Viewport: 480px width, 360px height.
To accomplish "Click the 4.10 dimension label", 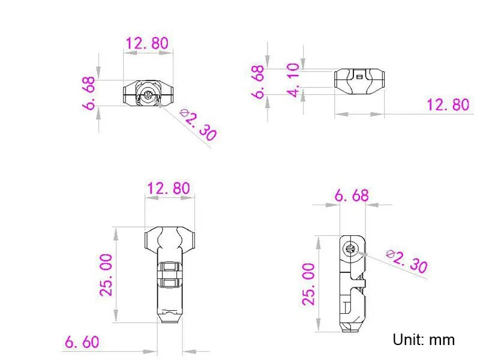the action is pyautogui.click(x=293, y=80).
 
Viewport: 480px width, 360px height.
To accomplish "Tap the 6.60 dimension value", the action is pyautogui.click(x=82, y=342).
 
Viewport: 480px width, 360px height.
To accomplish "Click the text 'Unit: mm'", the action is pyautogui.click(x=424, y=340).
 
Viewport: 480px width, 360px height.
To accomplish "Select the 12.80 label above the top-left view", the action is pyautogui.click(x=147, y=43).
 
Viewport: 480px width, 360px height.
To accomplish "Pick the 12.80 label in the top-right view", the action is pyautogui.click(x=448, y=104).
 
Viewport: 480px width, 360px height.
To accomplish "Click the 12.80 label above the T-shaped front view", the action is pyautogui.click(x=169, y=188).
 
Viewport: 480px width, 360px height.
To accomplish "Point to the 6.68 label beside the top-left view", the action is pyautogui.click(x=89, y=93).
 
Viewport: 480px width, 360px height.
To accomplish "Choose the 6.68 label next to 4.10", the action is pyautogui.click(x=258, y=82).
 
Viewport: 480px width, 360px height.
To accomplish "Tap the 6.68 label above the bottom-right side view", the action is pyautogui.click(x=352, y=196).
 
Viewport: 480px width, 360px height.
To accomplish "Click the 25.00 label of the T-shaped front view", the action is pyautogui.click(x=106, y=275).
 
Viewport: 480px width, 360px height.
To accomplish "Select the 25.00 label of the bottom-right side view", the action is pyautogui.click(x=308, y=284).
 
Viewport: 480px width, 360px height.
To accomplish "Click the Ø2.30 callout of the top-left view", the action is pyautogui.click(x=198, y=125).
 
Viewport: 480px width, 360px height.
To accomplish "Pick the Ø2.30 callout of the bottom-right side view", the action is pyautogui.click(x=407, y=261).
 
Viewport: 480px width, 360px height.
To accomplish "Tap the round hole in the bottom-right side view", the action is pyautogui.click(x=350, y=248).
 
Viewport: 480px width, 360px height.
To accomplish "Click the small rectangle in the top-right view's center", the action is pyautogui.click(x=359, y=77).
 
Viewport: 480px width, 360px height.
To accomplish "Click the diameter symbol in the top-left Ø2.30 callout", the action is pyautogui.click(x=184, y=113).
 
